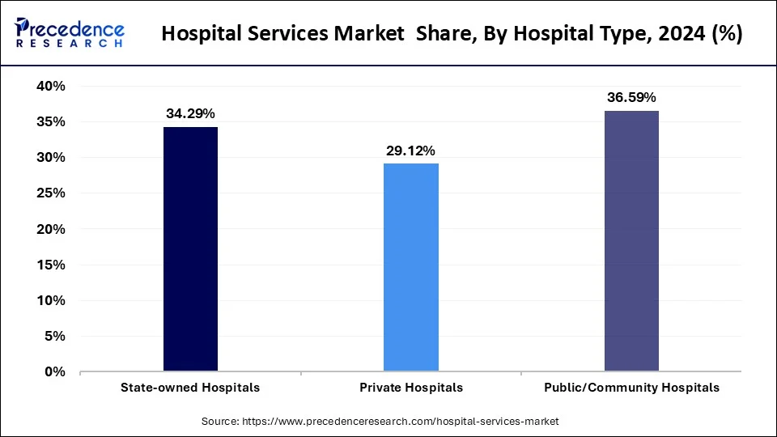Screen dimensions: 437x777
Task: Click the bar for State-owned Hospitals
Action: click(190, 249)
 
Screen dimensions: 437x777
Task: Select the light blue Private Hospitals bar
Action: click(411, 267)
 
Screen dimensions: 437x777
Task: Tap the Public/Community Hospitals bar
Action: click(631, 241)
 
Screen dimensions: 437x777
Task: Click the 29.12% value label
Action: click(411, 151)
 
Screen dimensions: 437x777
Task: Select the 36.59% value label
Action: click(631, 97)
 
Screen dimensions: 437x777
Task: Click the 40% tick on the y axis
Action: click(49, 86)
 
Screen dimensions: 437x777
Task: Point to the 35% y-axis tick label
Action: click(49, 122)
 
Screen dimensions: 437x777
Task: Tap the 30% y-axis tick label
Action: click(49, 158)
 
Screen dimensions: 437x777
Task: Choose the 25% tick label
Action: click(49, 193)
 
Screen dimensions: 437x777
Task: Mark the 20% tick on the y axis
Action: click(49, 229)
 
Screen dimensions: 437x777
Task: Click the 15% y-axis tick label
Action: click(49, 265)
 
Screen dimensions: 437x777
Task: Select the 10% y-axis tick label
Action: click(49, 300)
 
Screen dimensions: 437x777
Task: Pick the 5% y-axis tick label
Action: click(53, 336)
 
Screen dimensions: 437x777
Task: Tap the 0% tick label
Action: click(53, 371)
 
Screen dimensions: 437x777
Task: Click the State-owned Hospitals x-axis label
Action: click(190, 388)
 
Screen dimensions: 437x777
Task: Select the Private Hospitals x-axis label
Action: click(411, 388)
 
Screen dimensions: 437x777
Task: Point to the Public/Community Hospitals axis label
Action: click(631, 388)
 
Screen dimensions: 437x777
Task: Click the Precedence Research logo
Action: click(70, 33)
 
